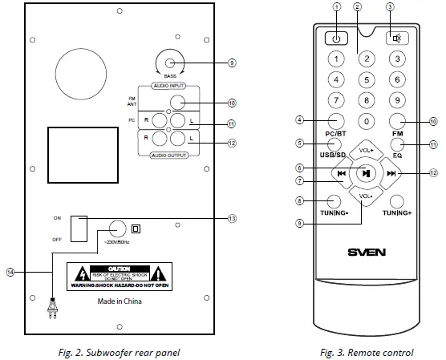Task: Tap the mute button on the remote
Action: pos(395,38)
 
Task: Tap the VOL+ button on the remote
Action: pos(366,151)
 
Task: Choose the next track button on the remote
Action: pos(392,172)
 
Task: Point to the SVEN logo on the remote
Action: pos(366,252)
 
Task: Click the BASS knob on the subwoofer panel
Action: pos(170,63)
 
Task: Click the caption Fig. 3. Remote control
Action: pos(367,351)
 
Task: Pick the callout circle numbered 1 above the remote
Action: pos(337,7)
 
